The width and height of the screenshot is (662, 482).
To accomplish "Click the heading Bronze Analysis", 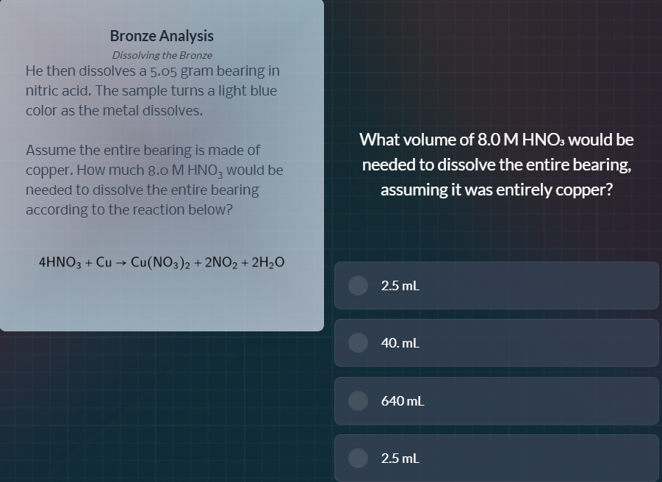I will [162, 35].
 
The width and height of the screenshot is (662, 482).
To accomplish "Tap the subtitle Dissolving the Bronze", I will [162, 55].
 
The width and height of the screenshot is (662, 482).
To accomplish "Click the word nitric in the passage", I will [43, 91].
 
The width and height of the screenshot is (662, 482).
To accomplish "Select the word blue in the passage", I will [262, 91].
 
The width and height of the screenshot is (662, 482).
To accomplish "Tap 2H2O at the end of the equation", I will [268, 262].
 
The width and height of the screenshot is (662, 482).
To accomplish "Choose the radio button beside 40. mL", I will [358, 342].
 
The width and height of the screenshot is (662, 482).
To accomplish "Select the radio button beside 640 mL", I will [358, 400].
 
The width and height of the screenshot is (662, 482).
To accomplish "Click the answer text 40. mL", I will [400, 342].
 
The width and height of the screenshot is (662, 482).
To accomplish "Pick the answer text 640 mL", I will [403, 400].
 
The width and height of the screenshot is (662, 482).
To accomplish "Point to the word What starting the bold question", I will [379, 140].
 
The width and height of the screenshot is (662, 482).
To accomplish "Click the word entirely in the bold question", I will [525, 190].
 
